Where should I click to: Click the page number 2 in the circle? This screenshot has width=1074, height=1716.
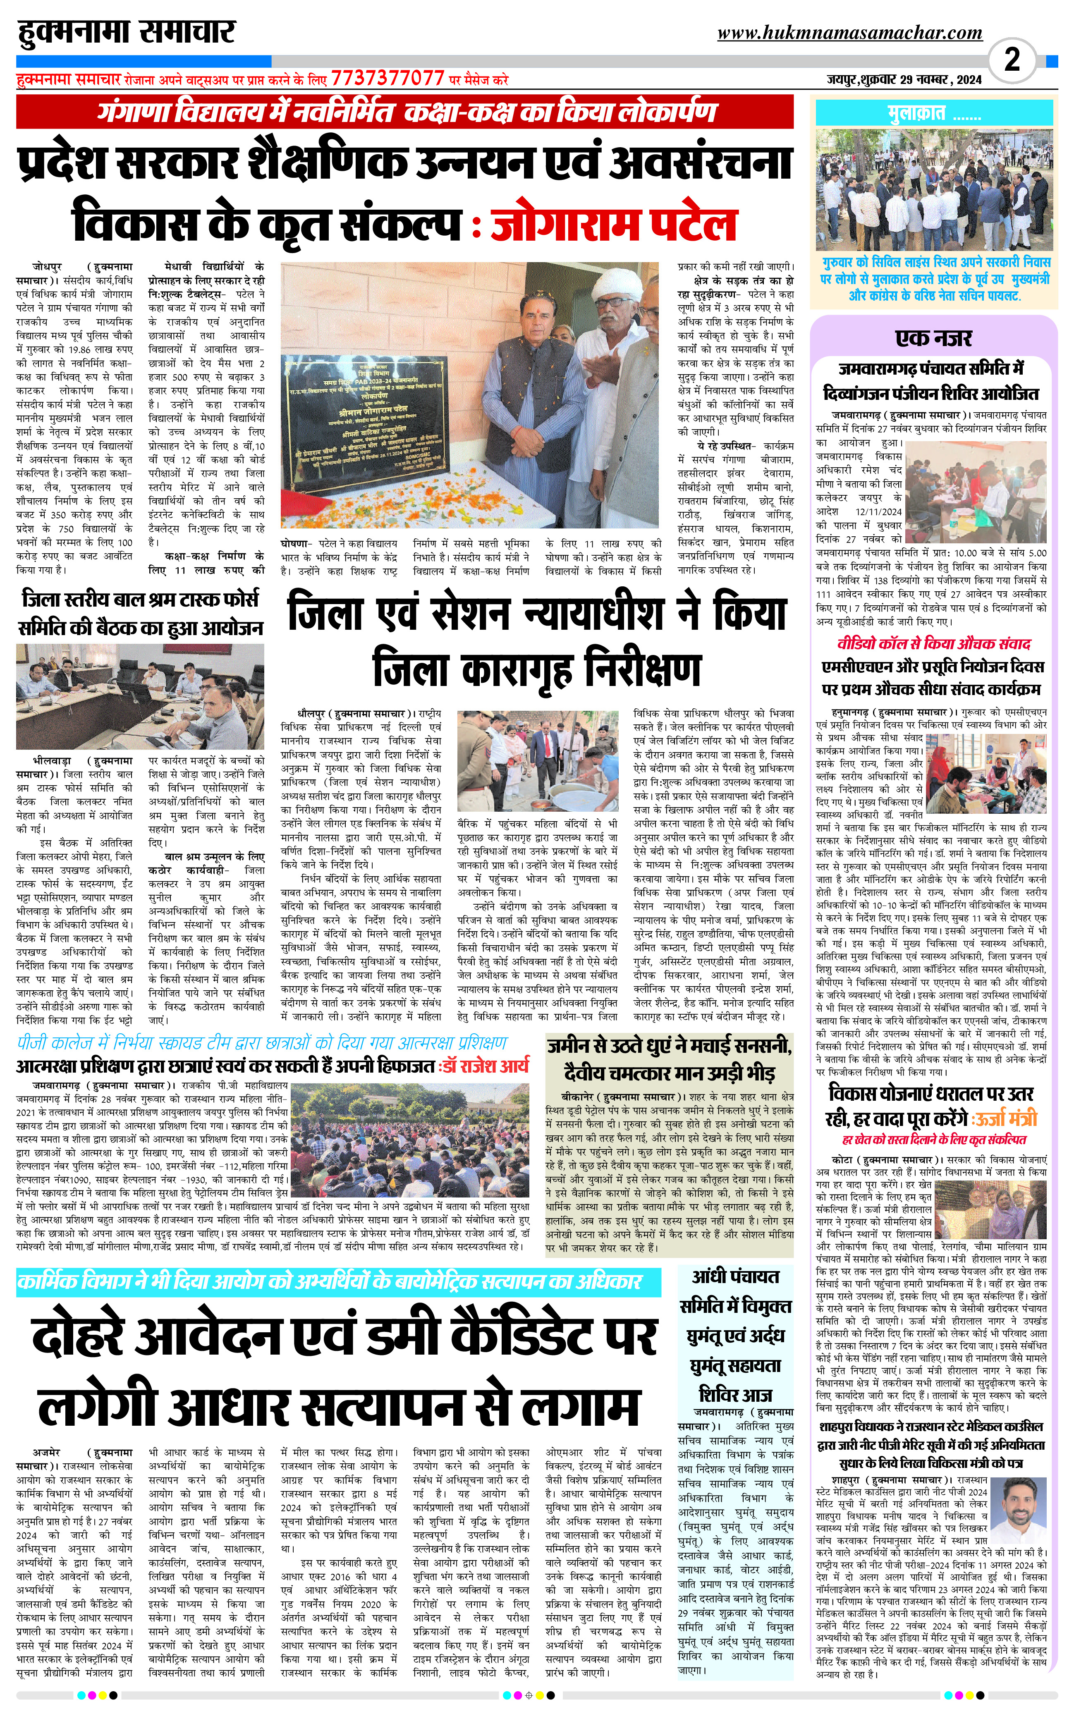pos(1012,60)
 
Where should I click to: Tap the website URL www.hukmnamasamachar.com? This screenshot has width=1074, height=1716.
pos(849,33)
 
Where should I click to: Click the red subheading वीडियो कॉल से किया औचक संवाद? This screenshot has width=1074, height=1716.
pos(933,644)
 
